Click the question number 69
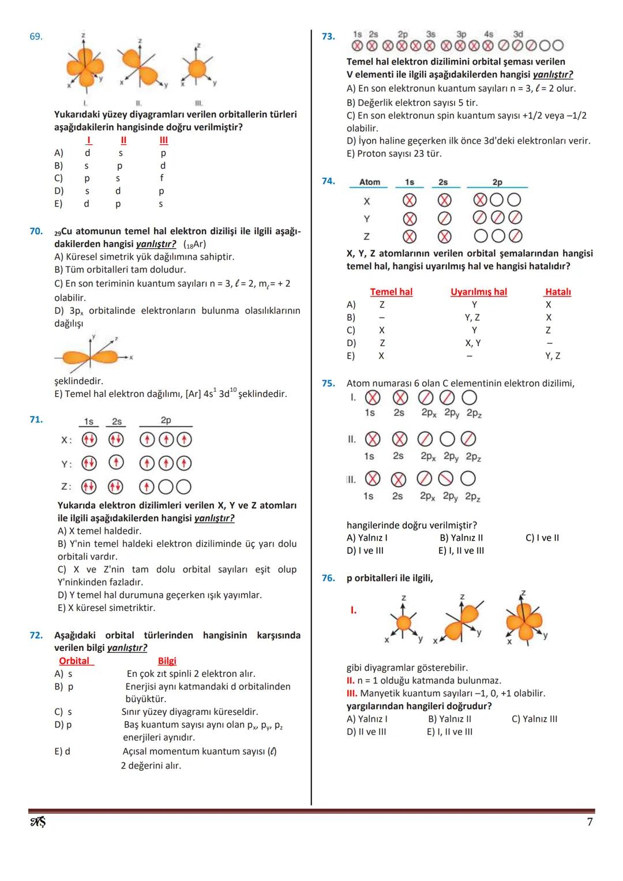pos(36,36)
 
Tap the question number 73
pos(328,36)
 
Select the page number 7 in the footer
pos(590,822)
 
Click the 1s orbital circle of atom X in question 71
pos(88,440)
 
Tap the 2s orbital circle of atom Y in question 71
pos(117,463)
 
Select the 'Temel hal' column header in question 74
pos(391,292)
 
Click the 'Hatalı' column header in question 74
pos(558,292)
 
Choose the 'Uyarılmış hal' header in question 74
pos(478,292)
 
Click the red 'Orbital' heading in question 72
pos(74,661)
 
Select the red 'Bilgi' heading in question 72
pos(167,661)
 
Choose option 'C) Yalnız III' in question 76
pos(534,719)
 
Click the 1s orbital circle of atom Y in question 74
pos(410,219)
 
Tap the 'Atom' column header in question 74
pos(370,182)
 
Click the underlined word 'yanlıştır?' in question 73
pos(553,74)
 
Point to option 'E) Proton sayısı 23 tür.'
pos(394,153)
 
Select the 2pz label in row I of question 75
pos(474,413)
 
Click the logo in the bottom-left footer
pos(37,822)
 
